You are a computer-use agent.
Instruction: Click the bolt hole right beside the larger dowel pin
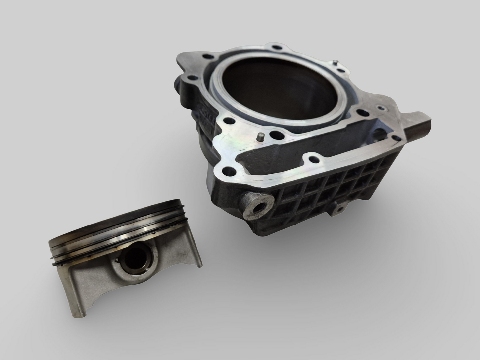[276, 135]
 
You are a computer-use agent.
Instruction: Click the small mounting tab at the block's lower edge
[338, 208]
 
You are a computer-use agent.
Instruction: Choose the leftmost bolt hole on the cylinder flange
[190, 79]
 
